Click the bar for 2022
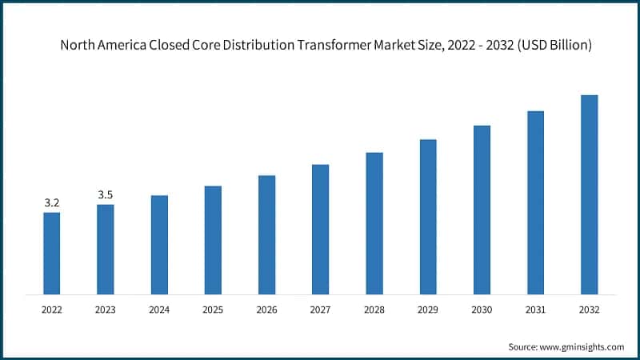coord(51,253)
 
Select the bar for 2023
coord(106,249)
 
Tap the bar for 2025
coord(213,240)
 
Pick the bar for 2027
coord(320,229)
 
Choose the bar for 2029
coord(428,217)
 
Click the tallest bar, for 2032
coord(589,194)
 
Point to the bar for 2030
coord(482,210)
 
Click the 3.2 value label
coord(51,203)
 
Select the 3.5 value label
coord(106,194)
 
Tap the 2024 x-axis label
coord(159,308)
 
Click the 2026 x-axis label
coord(266,308)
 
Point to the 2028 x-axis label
coord(374,308)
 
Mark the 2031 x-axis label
coord(535,308)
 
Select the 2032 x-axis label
coord(589,308)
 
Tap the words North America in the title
coord(102,46)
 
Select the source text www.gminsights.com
coord(584,346)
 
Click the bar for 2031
coord(535,202)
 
